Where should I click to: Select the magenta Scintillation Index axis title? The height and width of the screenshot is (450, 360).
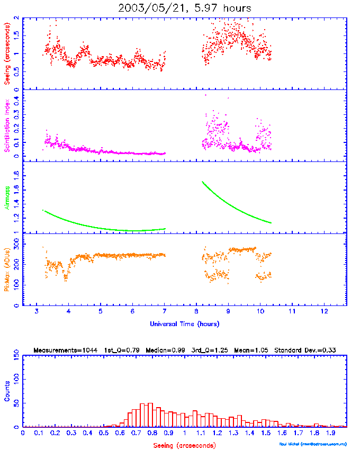(7, 126)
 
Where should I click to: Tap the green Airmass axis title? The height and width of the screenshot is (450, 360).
(7, 197)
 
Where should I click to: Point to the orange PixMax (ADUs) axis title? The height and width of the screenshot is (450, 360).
(7, 269)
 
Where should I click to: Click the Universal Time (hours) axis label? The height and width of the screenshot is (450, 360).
(184, 323)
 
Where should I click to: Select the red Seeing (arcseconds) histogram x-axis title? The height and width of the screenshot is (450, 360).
(184, 445)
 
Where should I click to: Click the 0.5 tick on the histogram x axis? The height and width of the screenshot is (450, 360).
(103, 433)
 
